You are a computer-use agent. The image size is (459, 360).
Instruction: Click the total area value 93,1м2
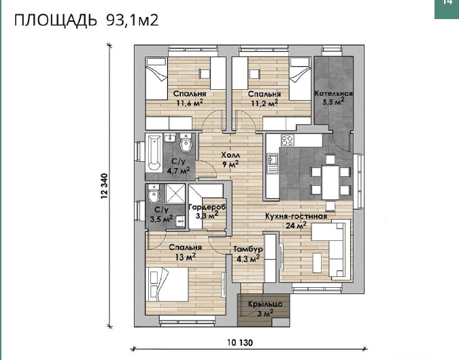(x=133, y=20)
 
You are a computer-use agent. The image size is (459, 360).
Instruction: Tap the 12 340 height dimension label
(x=105, y=186)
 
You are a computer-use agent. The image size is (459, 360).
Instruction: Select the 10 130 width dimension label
(x=240, y=342)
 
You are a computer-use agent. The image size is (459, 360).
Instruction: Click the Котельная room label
(x=333, y=93)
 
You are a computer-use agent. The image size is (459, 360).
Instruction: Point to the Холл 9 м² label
(x=231, y=160)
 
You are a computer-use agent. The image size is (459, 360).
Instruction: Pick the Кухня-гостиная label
(x=296, y=216)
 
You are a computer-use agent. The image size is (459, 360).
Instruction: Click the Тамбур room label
(x=248, y=249)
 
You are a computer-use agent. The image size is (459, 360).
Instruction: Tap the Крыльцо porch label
(x=265, y=304)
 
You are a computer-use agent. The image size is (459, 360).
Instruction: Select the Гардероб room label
(x=207, y=207)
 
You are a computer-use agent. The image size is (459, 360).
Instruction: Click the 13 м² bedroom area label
(x=186, y=257)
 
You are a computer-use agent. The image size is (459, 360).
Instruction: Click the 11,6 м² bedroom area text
(x=190, y=103)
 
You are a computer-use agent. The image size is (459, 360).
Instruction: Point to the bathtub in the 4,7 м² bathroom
(x=154, y=152)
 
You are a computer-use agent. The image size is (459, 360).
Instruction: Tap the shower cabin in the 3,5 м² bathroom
(x=175, y=194)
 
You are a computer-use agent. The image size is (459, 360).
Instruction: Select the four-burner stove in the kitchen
(x=287, y=140)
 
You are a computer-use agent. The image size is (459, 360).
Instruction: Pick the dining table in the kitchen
(x=330, y=182)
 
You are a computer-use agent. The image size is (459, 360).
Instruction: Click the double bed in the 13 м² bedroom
(x=167, y=284)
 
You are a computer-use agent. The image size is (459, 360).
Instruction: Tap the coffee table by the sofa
(x=318, y=263)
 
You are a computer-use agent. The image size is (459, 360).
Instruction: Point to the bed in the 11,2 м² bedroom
(x=300, y=78)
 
